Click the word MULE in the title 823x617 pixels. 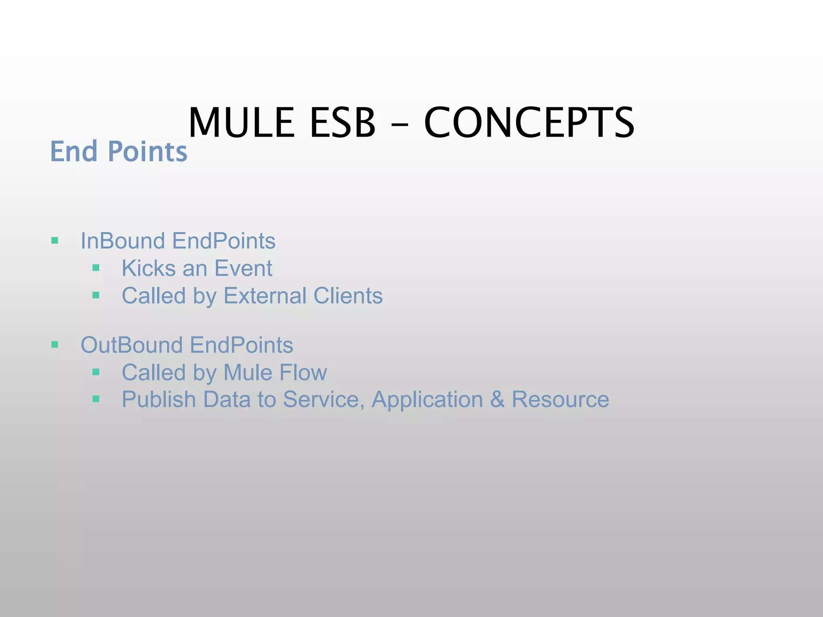point(241,123)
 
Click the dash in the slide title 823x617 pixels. point(399,125)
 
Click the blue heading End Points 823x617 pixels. point(119,151)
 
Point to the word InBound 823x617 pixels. point(123,241)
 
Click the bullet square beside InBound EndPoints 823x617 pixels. point(55,241)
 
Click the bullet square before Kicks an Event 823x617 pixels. point(96,268)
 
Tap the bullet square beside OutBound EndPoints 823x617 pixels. point(55,345)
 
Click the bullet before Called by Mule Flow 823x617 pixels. point(96,372)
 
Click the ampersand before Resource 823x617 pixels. point(497,400)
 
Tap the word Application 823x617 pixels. point(427,400)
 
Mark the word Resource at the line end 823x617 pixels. point(560,400)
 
